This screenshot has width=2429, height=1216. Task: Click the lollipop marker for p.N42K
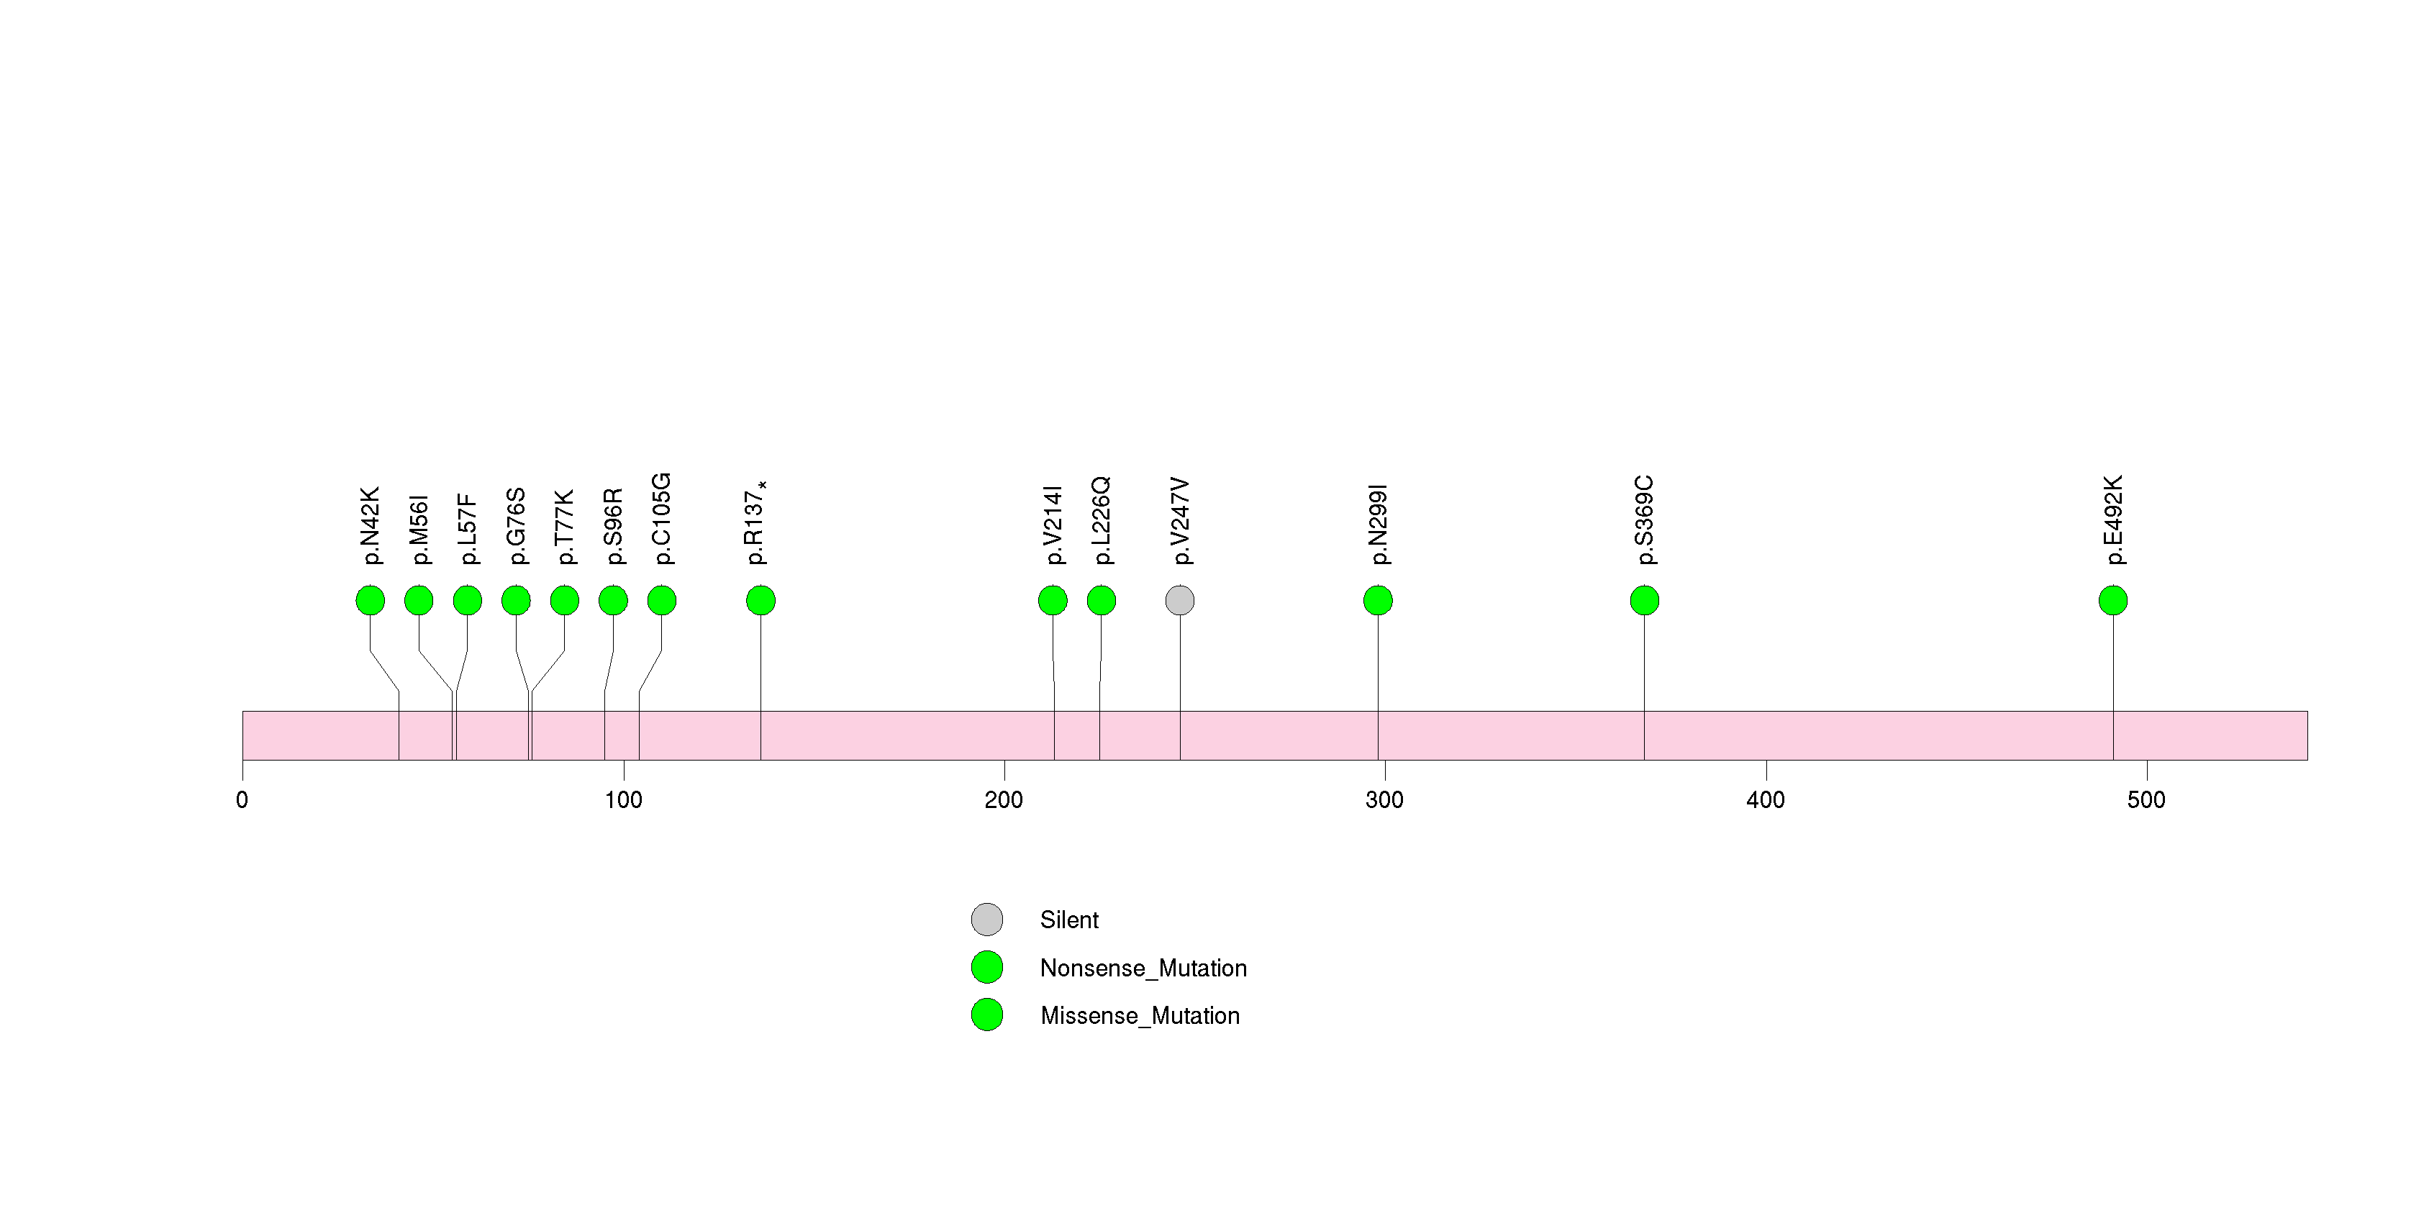371,601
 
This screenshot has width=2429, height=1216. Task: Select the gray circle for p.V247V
1180,601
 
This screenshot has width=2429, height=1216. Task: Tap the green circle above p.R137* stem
761,601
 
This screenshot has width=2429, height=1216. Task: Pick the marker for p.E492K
2113,601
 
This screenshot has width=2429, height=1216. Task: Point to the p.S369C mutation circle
1645,601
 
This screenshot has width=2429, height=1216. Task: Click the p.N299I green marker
1378,601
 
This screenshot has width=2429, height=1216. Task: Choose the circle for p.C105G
662,601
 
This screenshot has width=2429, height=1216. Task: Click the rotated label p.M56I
419,530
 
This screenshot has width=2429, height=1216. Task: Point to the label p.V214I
1053,525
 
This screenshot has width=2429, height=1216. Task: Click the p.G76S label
516,526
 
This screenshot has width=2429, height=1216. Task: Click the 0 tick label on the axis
242,800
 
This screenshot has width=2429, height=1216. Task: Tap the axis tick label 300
1384,800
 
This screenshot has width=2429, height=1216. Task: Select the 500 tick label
2146,800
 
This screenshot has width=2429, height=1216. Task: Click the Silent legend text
1069,920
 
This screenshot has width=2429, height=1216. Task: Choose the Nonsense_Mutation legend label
1143,968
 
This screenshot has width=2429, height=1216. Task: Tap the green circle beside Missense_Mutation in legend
987,1015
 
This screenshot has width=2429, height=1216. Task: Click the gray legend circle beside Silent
987,919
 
